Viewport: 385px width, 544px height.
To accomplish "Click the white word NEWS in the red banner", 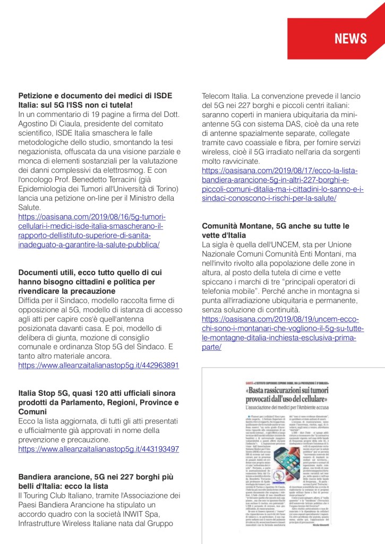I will coord(350,38).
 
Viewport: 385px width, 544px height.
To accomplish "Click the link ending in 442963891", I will coord(98,365).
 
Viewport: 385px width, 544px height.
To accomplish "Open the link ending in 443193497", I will coord(98,449).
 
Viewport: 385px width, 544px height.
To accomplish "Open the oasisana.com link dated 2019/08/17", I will coord(280,184).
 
